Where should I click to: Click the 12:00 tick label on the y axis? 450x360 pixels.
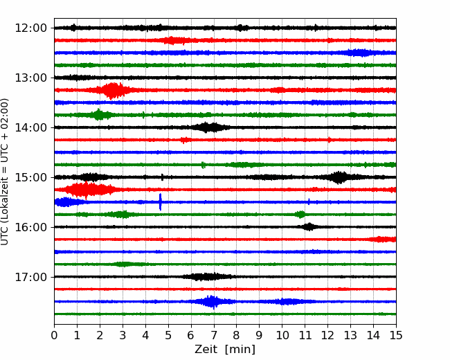tap(30, 28)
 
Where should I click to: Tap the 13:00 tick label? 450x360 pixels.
tap(30, 78)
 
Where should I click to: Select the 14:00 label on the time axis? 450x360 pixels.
tap(30, 127)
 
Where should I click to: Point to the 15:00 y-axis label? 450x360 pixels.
tap(30, 177)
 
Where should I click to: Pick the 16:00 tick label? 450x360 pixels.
tap(30, 227)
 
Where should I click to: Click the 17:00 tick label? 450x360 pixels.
tap(30, 277)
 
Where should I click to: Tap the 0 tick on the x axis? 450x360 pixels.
tap(54, 335)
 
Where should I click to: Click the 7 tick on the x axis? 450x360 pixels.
tap(214, 335)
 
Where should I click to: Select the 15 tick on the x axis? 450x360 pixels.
tap(396, 335)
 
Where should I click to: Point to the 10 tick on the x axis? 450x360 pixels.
tap(282, 335)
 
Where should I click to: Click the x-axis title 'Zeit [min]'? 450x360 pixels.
tap(225, 350)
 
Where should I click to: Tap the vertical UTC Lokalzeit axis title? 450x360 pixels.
tap(5, 172)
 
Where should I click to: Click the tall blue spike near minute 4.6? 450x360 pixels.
tap(160, 202)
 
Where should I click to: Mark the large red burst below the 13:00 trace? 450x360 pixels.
tap(113, 91)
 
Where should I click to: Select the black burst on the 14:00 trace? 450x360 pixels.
tap(210, 127)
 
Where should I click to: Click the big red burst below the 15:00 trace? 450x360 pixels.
tap(90, 190)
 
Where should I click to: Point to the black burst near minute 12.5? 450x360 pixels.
tap(339, 177)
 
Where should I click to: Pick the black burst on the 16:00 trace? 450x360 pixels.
tap(309, 227)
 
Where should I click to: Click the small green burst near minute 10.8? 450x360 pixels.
tap(300, 215)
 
